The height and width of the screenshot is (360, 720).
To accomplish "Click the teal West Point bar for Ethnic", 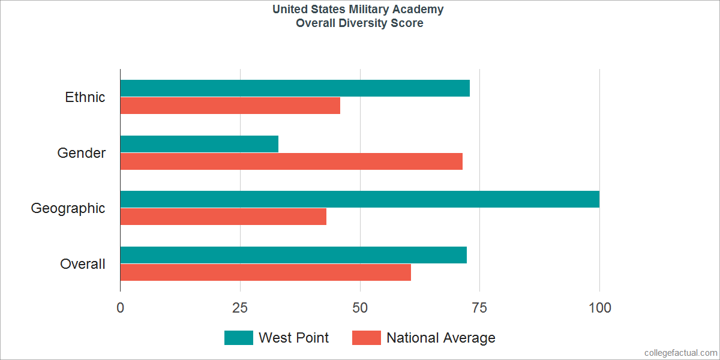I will click(295, 88).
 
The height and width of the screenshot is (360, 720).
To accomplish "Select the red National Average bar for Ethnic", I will click(230, 106).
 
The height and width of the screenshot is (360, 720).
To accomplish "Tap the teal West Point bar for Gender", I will click(199, 144).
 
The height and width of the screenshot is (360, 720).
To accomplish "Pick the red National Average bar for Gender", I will click(291, 161).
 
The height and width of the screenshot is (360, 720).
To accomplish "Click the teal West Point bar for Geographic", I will click(359, 199).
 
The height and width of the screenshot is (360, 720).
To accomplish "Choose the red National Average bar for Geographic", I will click(223, 217).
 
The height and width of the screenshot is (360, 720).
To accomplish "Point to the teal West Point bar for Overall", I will click(293, 255).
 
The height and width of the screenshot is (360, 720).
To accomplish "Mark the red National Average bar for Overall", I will click(265, 272).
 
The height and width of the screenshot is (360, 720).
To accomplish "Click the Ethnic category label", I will click(85, 97).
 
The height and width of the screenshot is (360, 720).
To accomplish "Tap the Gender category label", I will click(82, 153).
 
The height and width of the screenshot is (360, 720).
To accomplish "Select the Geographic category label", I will click(68, 208).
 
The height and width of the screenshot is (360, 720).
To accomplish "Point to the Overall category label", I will click(83, 264).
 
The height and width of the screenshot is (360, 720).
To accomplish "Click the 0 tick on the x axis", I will click(121, 308).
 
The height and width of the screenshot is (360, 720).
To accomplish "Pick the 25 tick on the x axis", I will click(240, 308).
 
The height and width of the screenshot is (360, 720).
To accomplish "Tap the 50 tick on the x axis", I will click(360, 308).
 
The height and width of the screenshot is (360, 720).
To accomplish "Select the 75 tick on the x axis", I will click(479, 308).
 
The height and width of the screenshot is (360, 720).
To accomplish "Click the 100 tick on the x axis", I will click(599, 308).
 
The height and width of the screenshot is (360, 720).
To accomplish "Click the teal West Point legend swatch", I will click(239, 338).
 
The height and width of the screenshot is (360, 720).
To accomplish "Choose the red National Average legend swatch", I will click(366, 338).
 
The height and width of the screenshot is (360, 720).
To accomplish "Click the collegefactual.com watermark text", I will click(680, 352).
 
